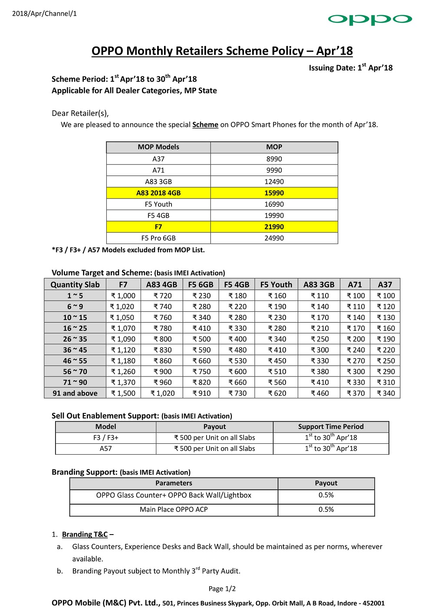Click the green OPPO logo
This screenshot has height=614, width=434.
tap(370, 19)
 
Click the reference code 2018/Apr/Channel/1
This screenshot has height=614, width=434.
tap(44, 13)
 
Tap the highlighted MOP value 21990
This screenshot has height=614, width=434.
tap(274, 227)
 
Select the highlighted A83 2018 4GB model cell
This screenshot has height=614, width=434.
tap(158, 193)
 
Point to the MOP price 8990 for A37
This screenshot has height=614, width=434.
tap(274, 159)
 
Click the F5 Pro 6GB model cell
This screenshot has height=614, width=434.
tap(158, 238)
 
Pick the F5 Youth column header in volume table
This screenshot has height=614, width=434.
tap(276, 284)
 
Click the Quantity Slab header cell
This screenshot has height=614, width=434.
tap(75, 284)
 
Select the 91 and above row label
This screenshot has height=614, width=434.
tap(75, 393)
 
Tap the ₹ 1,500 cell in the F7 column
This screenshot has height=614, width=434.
tap(123, 393)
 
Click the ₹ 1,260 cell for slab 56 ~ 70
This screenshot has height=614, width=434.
tap(123, 371)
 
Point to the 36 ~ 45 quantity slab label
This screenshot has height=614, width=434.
tap(75, 350)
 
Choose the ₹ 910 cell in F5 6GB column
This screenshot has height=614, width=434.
tap(201, 393)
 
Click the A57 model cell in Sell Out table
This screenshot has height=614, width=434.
tap(106, 449)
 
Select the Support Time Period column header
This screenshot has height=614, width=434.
tap(331, 426)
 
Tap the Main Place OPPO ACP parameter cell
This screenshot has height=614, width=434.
tap(174, 509)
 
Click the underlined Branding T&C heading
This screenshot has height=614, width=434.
tap(85, 534)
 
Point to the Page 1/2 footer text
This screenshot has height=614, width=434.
tap(222, 588)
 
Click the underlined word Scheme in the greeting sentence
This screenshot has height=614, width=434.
tap(205, 125)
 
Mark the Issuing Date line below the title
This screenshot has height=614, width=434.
tap(350, 68)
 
